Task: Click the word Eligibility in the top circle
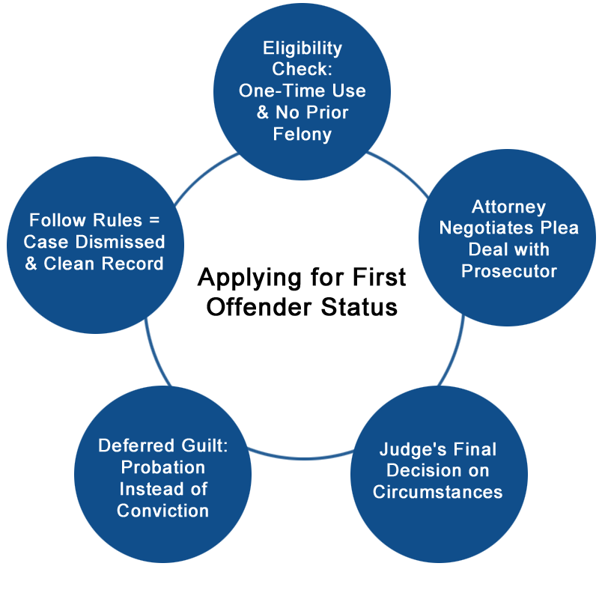(302, 49)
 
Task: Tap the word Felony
(302, 135)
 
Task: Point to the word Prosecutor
(509, 270)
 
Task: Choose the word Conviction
(162, 511)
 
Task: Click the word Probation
(162, 467)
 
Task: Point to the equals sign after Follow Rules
(154, 221)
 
